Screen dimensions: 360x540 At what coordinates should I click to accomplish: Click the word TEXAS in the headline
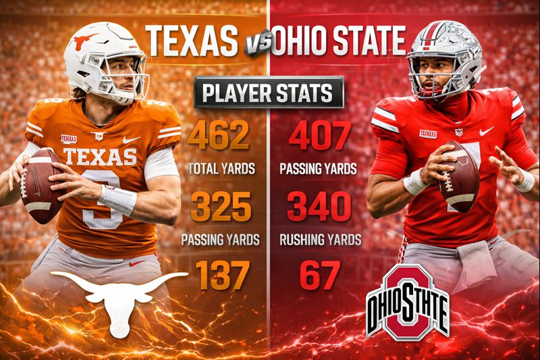pyautogui.click(x=192, y=40)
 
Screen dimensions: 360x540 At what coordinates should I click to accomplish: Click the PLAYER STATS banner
pyautogui.click(x=269, y=93)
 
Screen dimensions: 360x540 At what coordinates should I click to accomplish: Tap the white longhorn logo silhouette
pyautogui.click(x=119, y=297)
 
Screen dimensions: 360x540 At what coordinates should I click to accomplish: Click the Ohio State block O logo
pyautogui.click(x=408, y=301)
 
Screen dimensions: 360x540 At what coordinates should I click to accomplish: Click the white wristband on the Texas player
pyautogui.click(x=116, y=201)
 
